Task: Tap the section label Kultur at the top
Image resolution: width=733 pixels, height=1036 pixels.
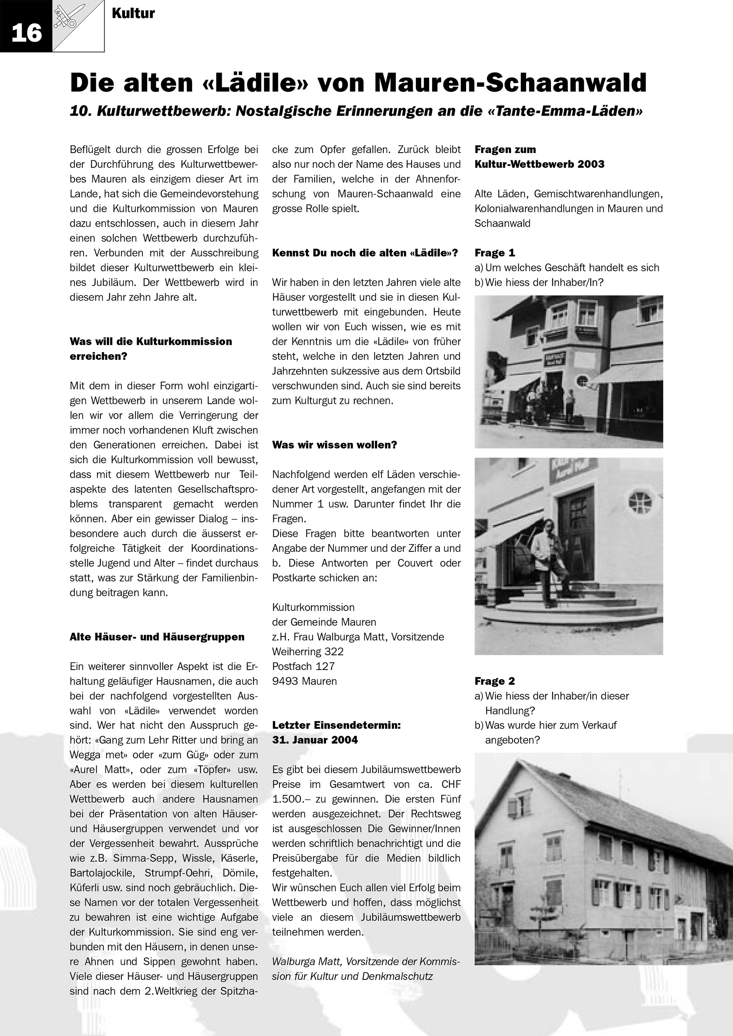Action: (x=133, y=13)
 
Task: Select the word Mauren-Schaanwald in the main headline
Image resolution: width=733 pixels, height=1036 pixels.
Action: (x=510, y=82)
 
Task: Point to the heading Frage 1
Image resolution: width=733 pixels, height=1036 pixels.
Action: (x=495, y=253)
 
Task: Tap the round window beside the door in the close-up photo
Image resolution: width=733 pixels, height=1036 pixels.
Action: (x=639, y=501)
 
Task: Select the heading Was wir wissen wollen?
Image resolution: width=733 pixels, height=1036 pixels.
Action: (x=334, y=445)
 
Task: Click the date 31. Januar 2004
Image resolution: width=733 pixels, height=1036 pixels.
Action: (x=315, y=740)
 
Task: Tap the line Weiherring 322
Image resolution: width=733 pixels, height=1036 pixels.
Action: (x=308, y=651)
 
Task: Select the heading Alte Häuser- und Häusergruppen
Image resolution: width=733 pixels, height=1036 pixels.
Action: (x=157, y=636)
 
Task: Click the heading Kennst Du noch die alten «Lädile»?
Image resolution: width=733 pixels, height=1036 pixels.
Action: (x=365, y=253)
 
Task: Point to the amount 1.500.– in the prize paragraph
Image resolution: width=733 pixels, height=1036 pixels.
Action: (x=289, y=799)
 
